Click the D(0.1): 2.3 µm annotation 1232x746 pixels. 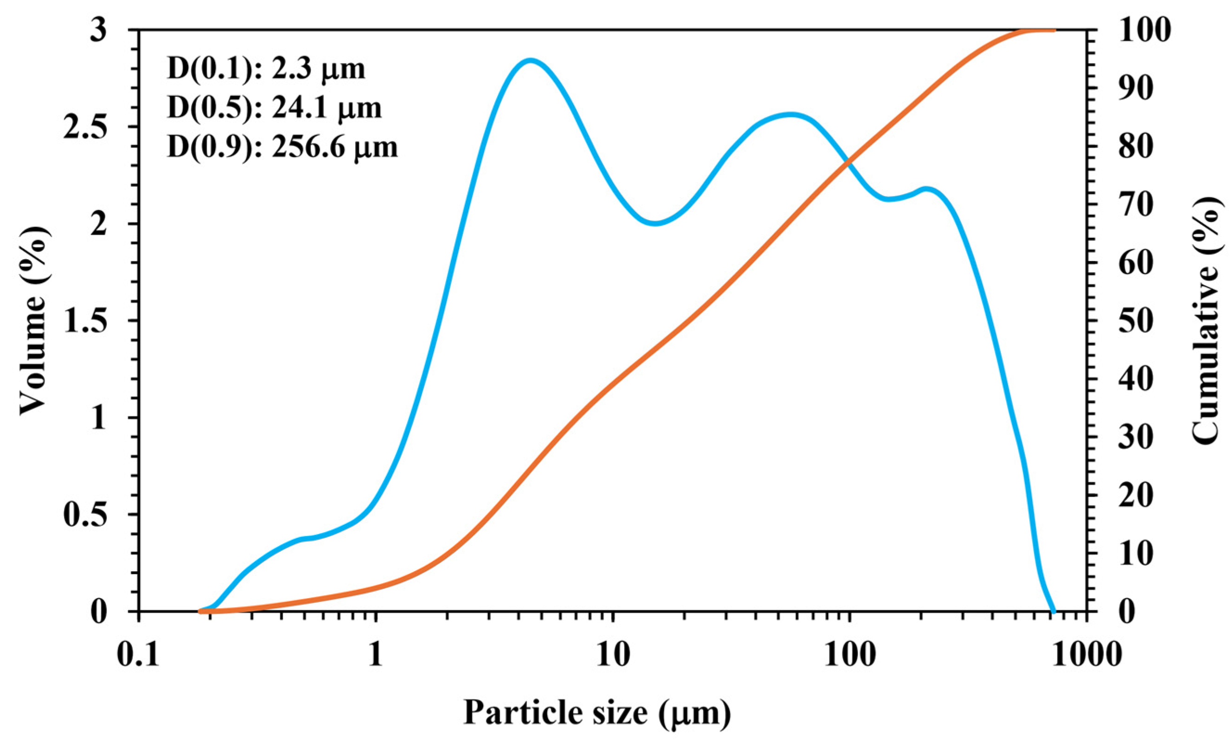(x=266, y=70)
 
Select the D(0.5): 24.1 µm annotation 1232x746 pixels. (x=274, y=108)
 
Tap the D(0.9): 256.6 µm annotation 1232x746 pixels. (x=282, y=147)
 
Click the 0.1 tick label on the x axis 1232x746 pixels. (x=139, y=655)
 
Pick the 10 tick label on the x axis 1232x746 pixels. (x=613, y=655)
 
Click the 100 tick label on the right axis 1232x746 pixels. (x=1145, y=31)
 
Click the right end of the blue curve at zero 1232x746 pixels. (x=1054, y=611)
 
